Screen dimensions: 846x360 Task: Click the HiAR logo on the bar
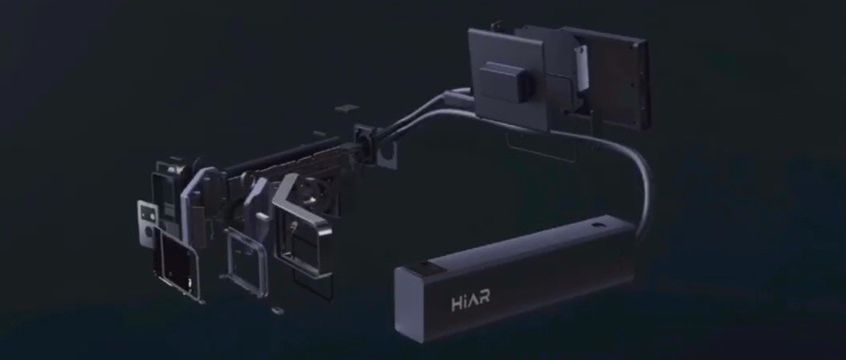tap(471, 302)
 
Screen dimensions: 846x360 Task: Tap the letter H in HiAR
tap(457, 304)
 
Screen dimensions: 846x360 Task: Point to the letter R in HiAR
tap(484, 300)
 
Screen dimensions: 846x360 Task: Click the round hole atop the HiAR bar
tap(596, 224)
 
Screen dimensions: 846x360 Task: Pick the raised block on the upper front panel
tap(506, 81)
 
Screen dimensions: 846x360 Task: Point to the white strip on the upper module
tap(581, 68)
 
